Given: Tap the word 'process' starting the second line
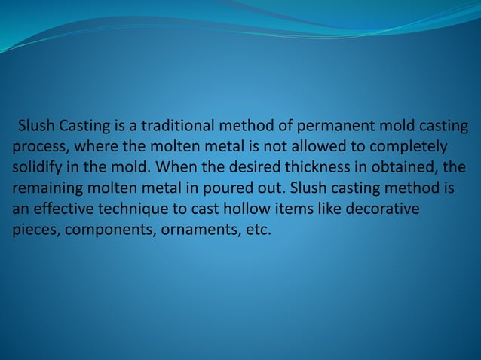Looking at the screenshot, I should (x=38, y=145).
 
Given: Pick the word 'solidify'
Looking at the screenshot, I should (x=38, y=166).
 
